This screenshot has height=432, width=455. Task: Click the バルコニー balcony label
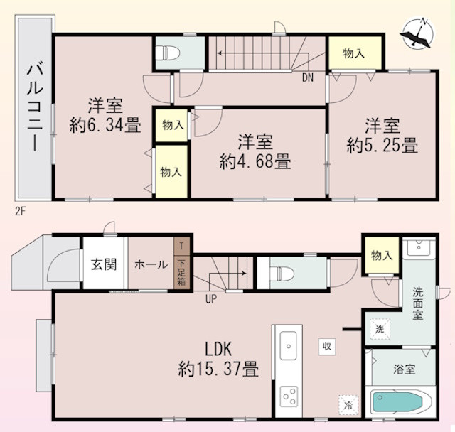34,107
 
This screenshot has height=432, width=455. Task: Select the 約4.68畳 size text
255,162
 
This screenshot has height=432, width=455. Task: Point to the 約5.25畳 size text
382,147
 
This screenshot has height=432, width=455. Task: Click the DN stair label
309,77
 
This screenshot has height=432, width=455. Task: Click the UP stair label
210,298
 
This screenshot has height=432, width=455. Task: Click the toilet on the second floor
169,52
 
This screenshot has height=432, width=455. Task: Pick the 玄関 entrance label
104,265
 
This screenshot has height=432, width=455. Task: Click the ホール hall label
151,265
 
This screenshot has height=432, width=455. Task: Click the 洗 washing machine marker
379,329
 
